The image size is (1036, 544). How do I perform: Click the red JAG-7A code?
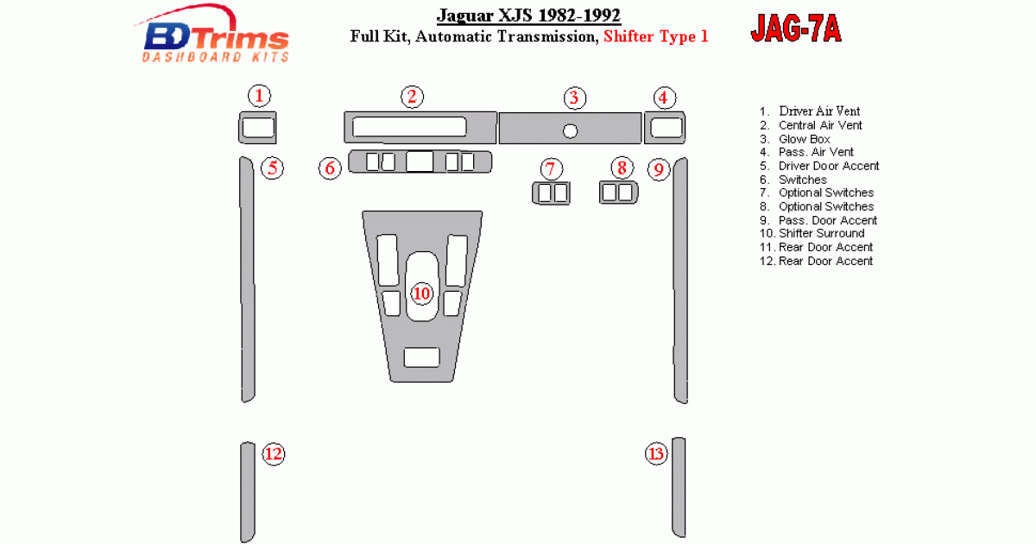[x=796, y=28]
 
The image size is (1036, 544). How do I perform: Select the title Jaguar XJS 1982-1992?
[x=528, y=16]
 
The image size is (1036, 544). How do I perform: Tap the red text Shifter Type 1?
[x=656, y=36]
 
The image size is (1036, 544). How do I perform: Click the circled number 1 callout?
[x=259, y=96]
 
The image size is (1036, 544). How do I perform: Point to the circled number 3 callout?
[x=574, y=98]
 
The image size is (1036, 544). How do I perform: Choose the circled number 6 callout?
[x=330, y=168]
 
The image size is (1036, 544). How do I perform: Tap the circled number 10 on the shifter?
[x=421, y=294]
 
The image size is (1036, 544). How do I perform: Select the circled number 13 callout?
[x=656, y=454]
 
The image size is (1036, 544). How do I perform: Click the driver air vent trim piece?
[x=257, y=128]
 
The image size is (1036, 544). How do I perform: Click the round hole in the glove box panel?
[x=571, y=131]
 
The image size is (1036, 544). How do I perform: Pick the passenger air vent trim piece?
[x=665, y=128]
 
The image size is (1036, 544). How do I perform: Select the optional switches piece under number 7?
[x=551, y=193]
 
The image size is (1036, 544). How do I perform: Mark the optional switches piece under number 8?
[x=618, y=193]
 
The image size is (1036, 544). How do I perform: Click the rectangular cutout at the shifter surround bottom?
[x=421, y=357]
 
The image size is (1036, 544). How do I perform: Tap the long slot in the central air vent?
[x=409, y=127]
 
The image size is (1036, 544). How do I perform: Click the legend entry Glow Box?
[x=805, y=139]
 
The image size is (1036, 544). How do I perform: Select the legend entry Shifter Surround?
[x=821, y=234]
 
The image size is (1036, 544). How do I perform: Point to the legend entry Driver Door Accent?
[x=829, y=166]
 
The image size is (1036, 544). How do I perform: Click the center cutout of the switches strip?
[x=420, y=162]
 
